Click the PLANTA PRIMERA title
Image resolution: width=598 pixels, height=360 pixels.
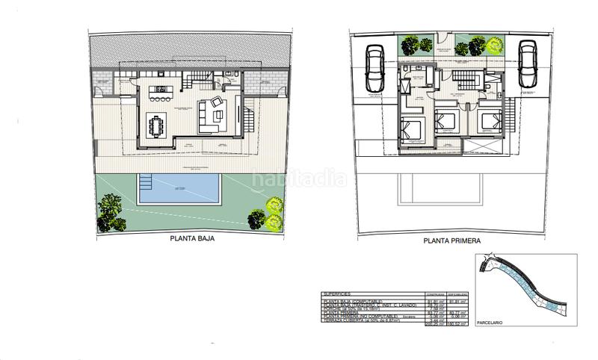[451, 241]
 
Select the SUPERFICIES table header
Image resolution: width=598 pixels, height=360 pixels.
[339, 294]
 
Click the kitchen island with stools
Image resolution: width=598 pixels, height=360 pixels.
[160, 93]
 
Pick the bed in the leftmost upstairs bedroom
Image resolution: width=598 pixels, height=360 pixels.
[412, 131]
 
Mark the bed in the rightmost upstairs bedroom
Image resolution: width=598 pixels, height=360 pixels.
[487, 121]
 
